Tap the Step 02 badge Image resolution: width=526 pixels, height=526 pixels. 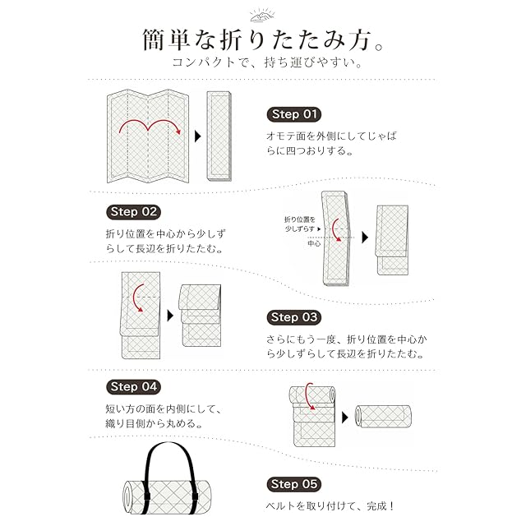[x=132, y=211]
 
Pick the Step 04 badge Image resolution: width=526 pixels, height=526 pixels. [x=132, y=386]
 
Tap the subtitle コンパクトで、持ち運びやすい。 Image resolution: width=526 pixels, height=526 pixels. [x=262, y=62]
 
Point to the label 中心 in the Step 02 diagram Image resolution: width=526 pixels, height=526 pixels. [x=314, y=243]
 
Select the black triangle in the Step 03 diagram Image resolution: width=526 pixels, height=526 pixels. [x=169, y=315]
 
